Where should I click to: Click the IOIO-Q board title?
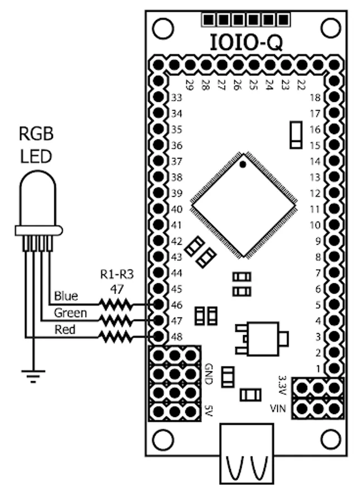pos(245,43)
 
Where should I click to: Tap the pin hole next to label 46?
pos(159,304)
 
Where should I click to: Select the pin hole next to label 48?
pos(159,336)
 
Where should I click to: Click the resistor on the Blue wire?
pos(115,304)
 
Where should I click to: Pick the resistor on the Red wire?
pos(115,336)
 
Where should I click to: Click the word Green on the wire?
pos(70,313)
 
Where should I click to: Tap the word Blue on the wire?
pos(66,296)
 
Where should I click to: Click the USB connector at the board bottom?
pos(247,454)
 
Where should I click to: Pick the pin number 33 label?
pos(177,97)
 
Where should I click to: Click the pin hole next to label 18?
pos(334,97)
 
